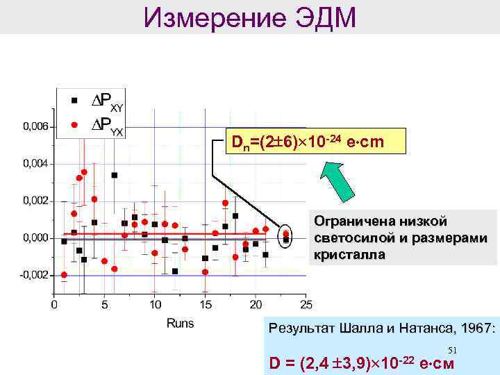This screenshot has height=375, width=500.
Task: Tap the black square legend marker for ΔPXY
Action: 75,99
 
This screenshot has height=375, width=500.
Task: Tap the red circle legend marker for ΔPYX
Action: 75,125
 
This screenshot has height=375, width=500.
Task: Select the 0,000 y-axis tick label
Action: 36,238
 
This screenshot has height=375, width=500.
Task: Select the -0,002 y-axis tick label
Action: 35,275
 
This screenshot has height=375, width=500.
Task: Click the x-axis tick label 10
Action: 155,304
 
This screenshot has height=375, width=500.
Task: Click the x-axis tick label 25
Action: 306,304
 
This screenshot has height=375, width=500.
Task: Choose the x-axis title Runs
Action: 181,324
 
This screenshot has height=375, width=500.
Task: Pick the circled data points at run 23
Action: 285,237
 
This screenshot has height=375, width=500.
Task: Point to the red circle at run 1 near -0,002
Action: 64,275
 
